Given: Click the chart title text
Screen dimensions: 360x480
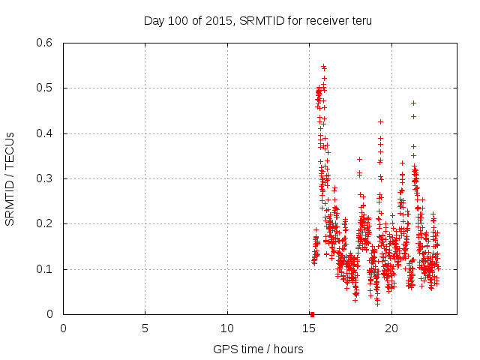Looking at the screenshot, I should click(x=258, y=20).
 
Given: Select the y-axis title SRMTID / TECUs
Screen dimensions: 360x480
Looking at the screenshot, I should click(x=10, y=178).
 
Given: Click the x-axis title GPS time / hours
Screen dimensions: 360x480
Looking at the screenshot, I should click(x=258, y=349).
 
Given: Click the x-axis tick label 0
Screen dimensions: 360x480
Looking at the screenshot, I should click(x=63, y=328).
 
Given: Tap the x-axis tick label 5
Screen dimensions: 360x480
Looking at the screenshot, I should click(x=145, y=328).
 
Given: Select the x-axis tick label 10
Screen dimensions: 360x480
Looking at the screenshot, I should click(x=227, y=328).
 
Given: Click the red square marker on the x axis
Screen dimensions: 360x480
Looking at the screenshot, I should click(x=312, y=314).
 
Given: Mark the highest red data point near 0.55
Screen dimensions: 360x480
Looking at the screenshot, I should click(x=323, y=66).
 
